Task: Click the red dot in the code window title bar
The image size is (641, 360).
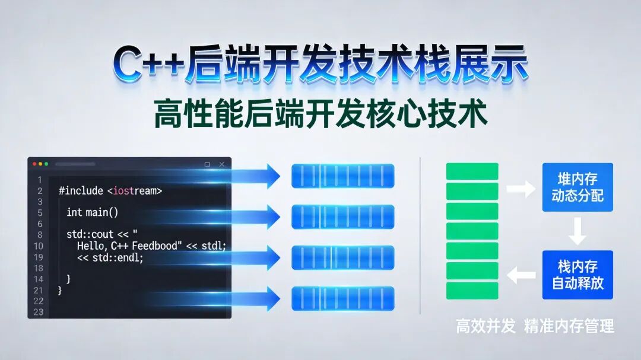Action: (34, 164)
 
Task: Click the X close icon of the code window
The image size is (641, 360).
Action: (222, 164)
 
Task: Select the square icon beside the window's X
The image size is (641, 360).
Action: (207, 164)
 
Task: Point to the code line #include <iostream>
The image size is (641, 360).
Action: (110, 191)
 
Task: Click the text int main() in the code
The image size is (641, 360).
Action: (93, 212)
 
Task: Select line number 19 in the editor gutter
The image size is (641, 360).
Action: (38, 257)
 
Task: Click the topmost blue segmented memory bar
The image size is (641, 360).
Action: (342, 176)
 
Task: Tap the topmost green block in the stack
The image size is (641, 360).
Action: (472, 171)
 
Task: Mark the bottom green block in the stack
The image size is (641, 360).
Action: (472, 291)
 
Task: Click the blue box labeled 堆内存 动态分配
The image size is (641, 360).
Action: (577, 187)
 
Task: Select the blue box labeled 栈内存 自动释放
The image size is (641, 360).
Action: (577, 275)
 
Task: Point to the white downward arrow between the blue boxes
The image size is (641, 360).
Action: (577, 231)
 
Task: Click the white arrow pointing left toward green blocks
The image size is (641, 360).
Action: (522, 275)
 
